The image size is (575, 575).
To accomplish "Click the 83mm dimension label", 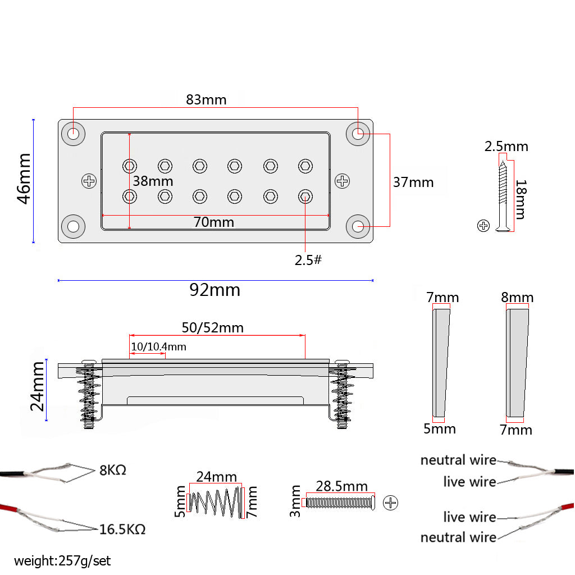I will [206, 100].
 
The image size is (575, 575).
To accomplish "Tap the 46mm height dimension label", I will [24, 179].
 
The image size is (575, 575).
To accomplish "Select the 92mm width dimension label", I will [215, 290].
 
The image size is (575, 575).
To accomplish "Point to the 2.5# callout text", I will [308, 261].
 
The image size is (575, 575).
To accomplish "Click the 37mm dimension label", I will [413, 182].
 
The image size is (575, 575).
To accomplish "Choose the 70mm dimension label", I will [213, 222].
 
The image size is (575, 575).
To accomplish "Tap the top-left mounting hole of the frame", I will [74, 134].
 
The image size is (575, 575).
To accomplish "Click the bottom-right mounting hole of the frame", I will [358, 227].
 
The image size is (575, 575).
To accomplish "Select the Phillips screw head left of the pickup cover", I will [89, 181].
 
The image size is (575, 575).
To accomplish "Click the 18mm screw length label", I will [521, 199].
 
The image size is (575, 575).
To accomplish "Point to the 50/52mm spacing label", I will [212, 327].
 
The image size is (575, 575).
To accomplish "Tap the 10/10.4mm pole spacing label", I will [158, 347].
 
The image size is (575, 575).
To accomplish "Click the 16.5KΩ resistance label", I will [122, 529].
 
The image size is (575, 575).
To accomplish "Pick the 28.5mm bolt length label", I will [341, 486].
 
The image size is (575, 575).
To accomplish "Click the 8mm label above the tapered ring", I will [517, 297].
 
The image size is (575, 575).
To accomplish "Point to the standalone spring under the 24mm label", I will [216, 501].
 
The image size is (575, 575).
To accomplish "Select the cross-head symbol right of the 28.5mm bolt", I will [390, 503].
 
